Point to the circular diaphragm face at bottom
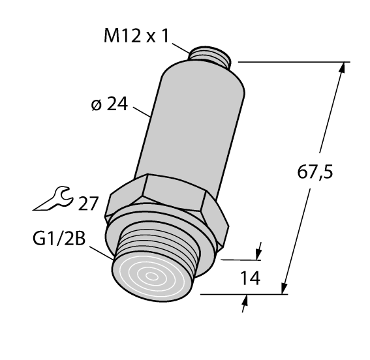[x=153, y=276]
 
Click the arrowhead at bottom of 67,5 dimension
[x=285, y=289]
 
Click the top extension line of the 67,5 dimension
[x=294, y=63]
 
